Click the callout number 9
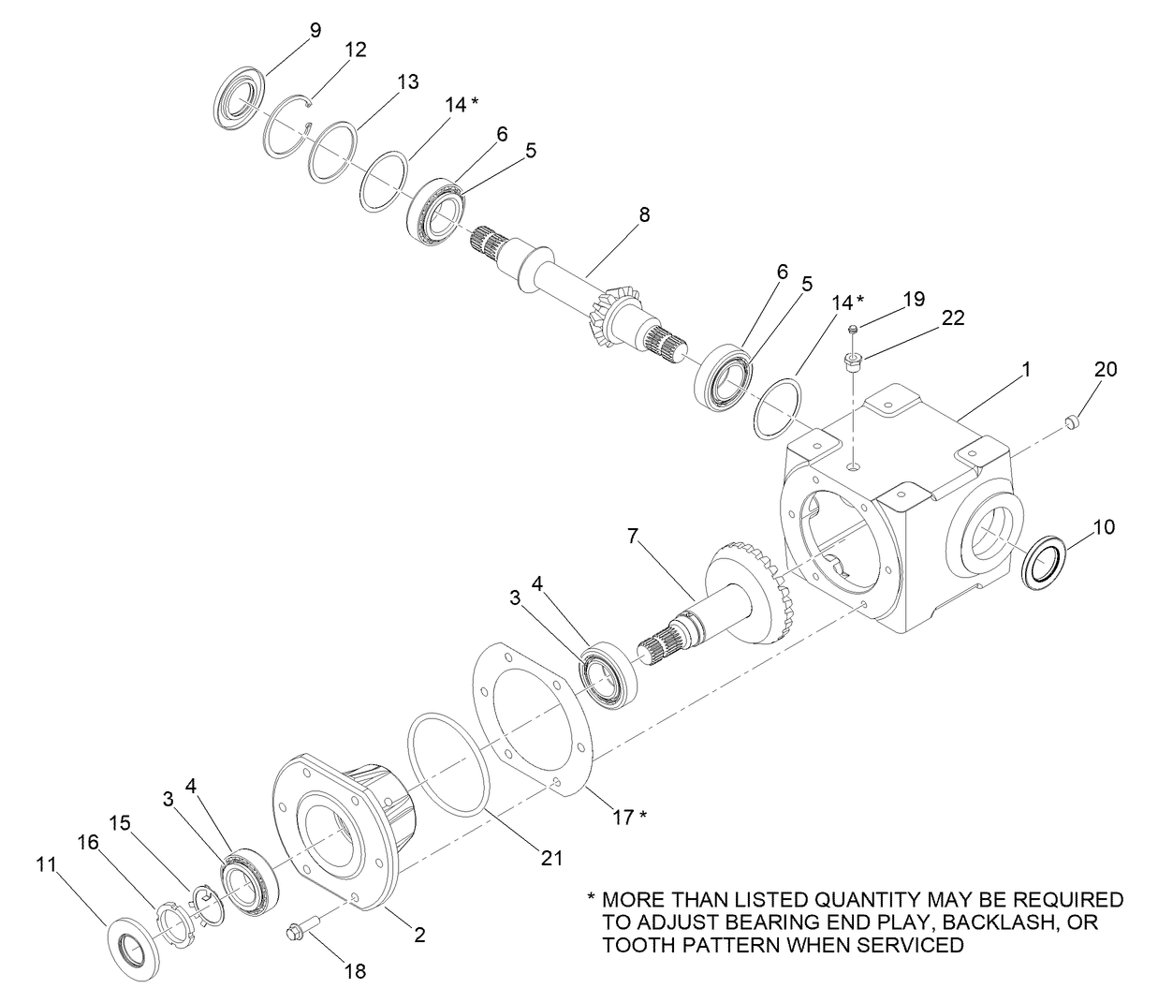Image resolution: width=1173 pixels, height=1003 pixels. pos(315,30)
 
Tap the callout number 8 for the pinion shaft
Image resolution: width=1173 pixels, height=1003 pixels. pos(643,214)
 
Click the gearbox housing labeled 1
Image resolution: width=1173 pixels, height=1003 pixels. pos(899,524)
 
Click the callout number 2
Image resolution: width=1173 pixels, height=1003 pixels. pos(419,934)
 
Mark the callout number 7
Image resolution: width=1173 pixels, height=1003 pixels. pos(633,537)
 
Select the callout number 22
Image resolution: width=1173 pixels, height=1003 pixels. pos(952,318)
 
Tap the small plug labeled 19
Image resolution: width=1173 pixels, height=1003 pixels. pos(854,329)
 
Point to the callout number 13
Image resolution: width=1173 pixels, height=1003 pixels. pos(407,82)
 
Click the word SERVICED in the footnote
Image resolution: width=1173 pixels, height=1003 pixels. pos(910,945)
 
